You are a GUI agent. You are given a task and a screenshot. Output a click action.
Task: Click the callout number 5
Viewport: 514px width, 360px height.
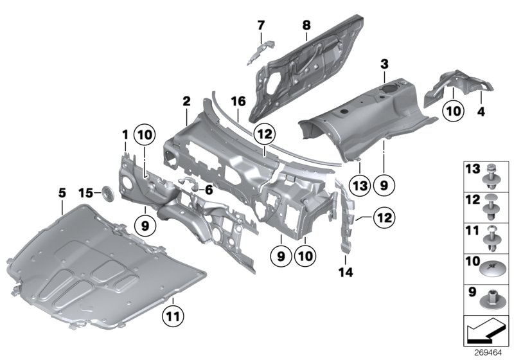click(62, 191)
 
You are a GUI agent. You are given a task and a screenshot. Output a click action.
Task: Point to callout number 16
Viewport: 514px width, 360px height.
click(238, 102)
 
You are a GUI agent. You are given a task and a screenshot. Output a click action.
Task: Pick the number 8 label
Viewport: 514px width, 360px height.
click(306, 26)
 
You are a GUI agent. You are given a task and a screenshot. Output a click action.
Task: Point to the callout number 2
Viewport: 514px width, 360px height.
click(186, 102)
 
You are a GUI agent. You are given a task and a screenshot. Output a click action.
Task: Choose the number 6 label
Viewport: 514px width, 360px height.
click(209, 190)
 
